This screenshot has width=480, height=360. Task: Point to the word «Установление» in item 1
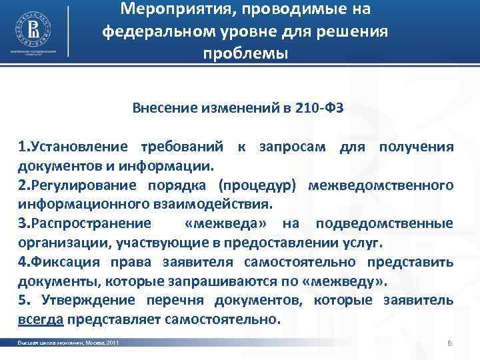[79, 147]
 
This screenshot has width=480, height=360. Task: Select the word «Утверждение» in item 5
[81, 299]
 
